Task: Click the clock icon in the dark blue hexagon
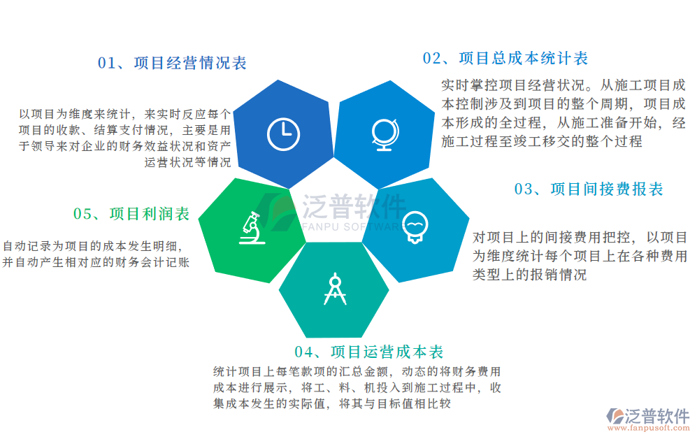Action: [283, 133]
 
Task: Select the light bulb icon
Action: [415, 226]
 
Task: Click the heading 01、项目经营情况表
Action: [172, 63]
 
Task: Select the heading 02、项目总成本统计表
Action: [505, 58]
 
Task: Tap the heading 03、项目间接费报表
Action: [589, 189]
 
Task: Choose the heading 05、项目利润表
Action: [131, 214]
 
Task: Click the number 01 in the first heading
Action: [106, 63]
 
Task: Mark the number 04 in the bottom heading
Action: [303, 352]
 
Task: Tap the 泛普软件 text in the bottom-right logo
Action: [657, 414]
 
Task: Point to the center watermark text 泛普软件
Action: [354, 206]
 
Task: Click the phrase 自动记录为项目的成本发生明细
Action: [92, 246]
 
